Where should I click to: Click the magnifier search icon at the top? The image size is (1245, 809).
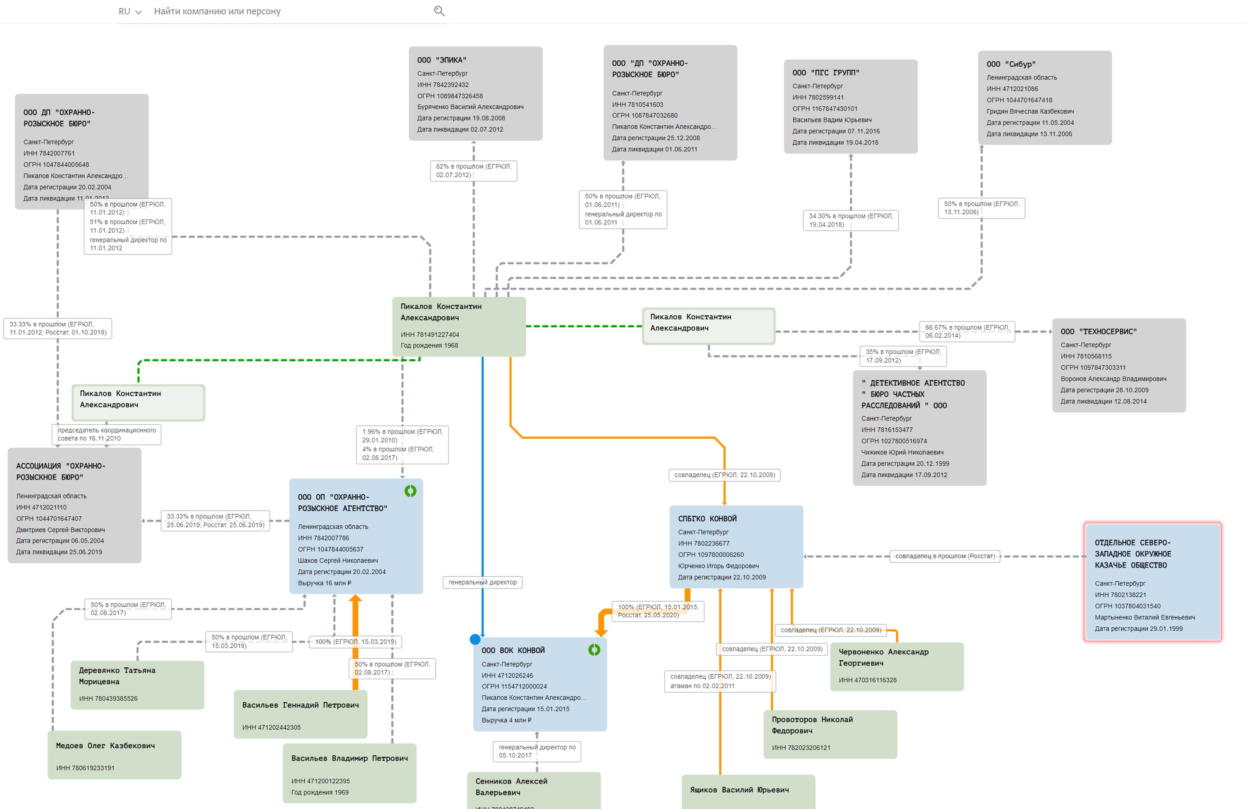[439, 11]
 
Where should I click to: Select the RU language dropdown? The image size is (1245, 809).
[130, 12]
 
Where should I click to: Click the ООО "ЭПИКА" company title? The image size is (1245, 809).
[442, 60]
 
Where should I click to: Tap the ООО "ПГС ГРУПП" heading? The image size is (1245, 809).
[826, 73]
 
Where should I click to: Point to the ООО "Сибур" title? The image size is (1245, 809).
[1011, 64]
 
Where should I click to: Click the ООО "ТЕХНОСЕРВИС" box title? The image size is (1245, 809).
[1099, 332]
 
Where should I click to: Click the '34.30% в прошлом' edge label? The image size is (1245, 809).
[850, 220]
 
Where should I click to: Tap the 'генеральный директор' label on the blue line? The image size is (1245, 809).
[482, 582]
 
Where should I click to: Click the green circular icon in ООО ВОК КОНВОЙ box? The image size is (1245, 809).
[594, 650]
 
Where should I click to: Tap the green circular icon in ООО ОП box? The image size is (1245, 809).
[410, 491]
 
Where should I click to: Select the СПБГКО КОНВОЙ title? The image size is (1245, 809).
[707, 519]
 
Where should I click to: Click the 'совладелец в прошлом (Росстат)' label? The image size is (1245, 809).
[945, 556]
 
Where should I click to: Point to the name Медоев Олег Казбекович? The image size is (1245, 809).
[105, 746]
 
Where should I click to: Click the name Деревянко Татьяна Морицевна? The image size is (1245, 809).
[117, 676]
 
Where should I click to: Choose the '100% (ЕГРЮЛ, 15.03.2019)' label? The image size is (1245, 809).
[355, 642]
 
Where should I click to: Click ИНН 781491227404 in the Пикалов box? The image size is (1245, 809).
[430, 335]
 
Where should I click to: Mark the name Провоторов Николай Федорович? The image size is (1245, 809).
[812, 725]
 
